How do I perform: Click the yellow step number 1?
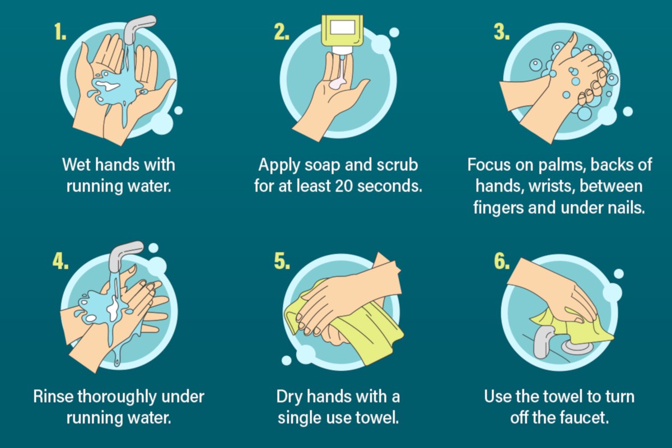pos(60,32)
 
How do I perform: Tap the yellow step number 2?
pos(282,32)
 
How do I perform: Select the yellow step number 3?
pos(502,32)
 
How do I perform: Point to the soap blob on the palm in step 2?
pos(338,84)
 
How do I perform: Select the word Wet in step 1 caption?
pos(78,165)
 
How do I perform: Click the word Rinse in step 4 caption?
pos(53,397)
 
